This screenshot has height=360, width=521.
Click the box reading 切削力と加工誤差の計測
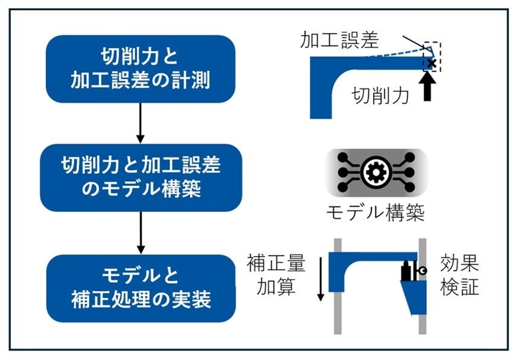click(140, 69)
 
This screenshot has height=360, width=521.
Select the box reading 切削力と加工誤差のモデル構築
click(140, 177)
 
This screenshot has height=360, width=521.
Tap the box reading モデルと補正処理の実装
click(140, 288)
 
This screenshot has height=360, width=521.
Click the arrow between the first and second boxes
click(140, 123)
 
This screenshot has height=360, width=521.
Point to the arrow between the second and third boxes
click(140, 232)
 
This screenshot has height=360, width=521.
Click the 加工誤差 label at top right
click(339, 40)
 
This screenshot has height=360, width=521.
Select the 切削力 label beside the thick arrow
click(381, 95)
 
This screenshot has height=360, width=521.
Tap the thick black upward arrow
click(430, 88)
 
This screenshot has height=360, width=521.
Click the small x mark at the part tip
click(431, 63)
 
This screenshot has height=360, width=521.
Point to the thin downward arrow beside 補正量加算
click(320, 278)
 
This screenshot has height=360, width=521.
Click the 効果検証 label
click(459, 275)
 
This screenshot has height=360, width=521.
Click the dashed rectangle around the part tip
click(432, 57)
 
